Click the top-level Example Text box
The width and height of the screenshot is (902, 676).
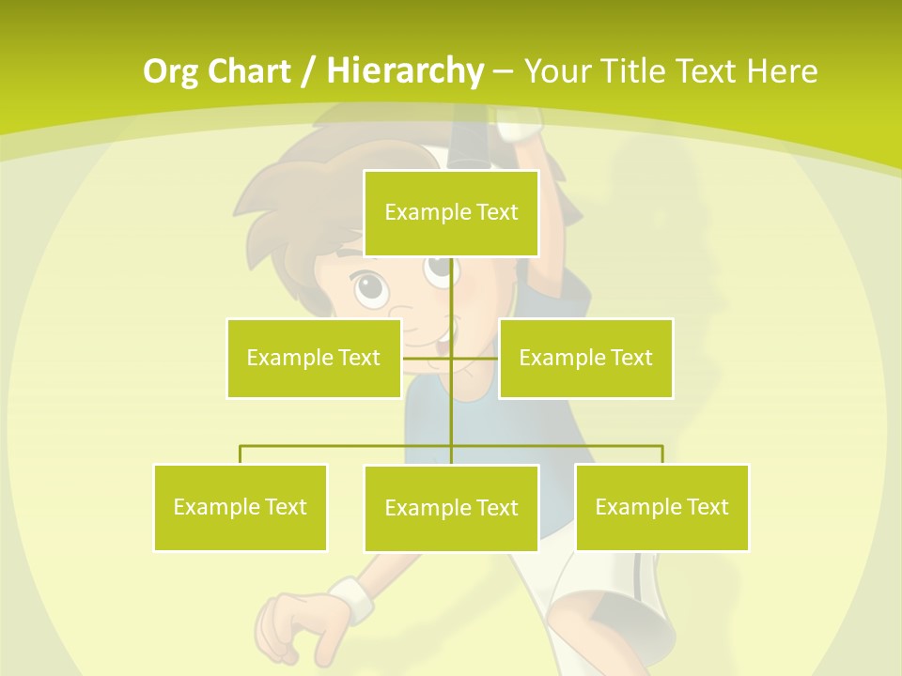451,213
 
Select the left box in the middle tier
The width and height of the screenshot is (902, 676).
314,358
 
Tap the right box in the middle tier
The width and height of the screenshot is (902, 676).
585,358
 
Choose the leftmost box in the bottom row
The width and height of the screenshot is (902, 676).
241,507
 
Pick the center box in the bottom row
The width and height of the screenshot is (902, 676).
451,508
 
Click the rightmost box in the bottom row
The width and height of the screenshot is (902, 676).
661,507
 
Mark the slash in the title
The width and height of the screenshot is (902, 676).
306,71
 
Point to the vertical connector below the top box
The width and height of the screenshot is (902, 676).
452,291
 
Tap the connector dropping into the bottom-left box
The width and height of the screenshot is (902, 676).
241,454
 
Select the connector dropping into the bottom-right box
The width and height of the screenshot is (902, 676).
662,454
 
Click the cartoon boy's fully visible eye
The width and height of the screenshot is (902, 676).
370,287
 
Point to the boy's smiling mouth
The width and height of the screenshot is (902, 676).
442,333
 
